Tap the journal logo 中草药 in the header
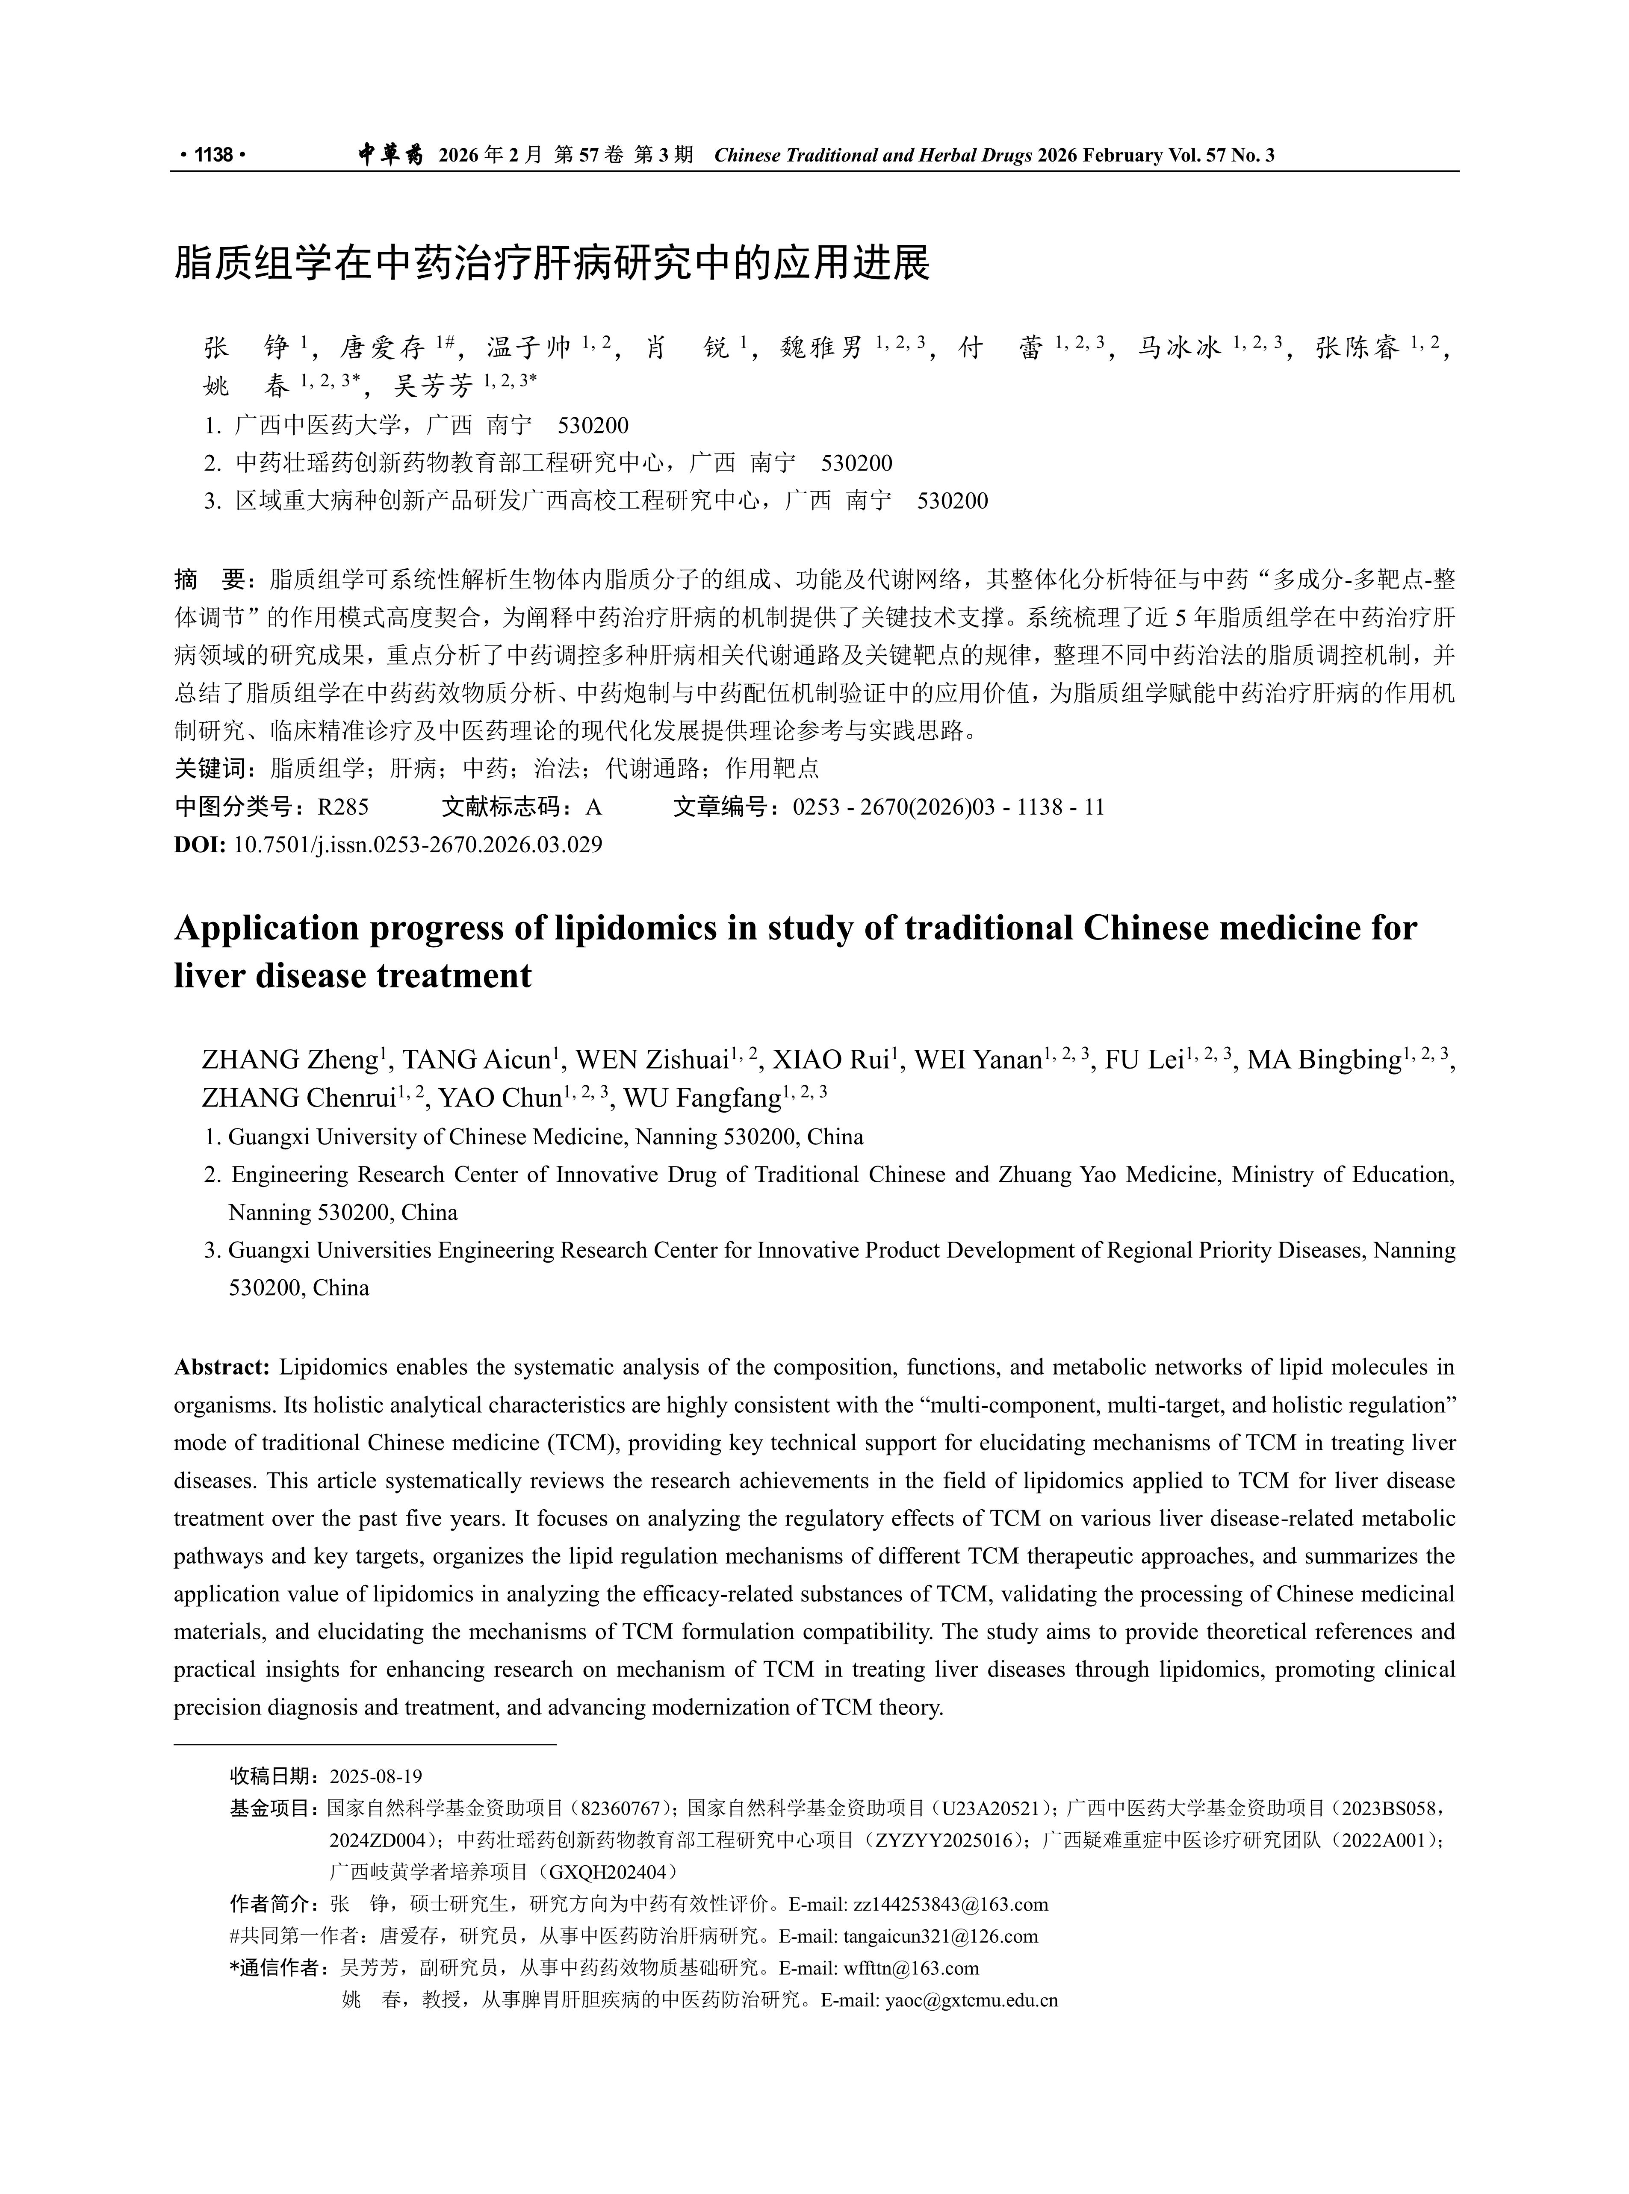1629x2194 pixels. coord(390,155)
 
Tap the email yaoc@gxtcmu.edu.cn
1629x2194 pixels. coord(971,2001)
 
